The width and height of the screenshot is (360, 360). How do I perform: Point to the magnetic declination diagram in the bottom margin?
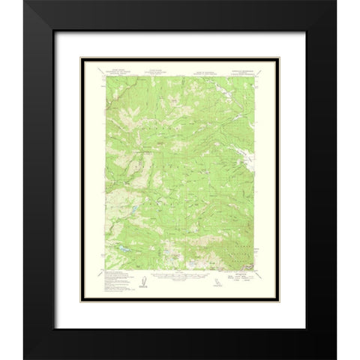[x=142, y=280]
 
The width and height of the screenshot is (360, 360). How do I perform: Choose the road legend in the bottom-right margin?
[x=240, y=280]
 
